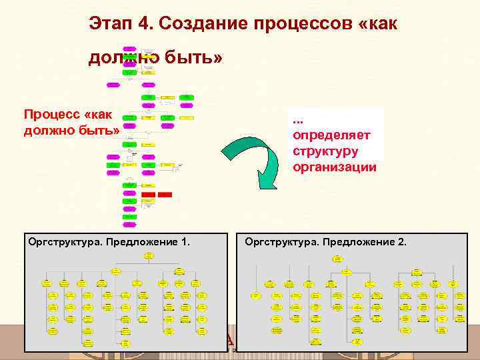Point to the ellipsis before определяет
pos(298,121)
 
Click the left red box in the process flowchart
pos(148,194)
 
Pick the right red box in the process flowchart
pos(165,194)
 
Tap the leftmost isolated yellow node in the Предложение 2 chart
pos(255,294)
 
